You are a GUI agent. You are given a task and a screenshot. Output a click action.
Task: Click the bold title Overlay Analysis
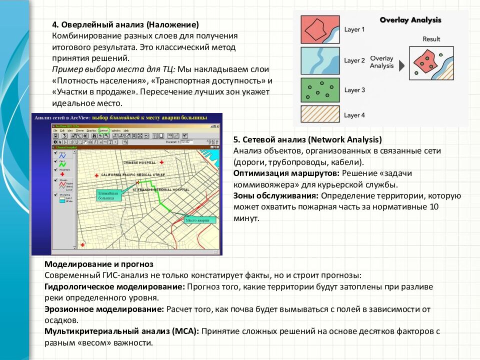[410, 20]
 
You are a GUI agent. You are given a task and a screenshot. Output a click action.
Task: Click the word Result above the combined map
[431, 39]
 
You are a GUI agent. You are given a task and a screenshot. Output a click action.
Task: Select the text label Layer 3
[354, 90]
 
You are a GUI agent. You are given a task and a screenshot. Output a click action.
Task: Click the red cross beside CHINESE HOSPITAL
[161, 162]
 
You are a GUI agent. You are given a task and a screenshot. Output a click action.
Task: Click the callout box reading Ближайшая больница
[108, 195]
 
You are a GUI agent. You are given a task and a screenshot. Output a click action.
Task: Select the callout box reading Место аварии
[200, 219]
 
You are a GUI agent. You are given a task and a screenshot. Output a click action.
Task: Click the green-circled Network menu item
[103, 130]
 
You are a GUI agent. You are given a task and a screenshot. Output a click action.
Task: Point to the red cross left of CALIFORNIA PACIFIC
[96, 175]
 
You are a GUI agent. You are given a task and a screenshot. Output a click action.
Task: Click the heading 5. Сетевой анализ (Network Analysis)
[307, 139]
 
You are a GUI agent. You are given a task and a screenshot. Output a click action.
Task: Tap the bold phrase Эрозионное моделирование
[104, 309]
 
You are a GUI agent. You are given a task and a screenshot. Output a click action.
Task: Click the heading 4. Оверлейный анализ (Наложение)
[126, 25]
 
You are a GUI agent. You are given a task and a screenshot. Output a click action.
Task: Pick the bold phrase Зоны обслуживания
[276, 195]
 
